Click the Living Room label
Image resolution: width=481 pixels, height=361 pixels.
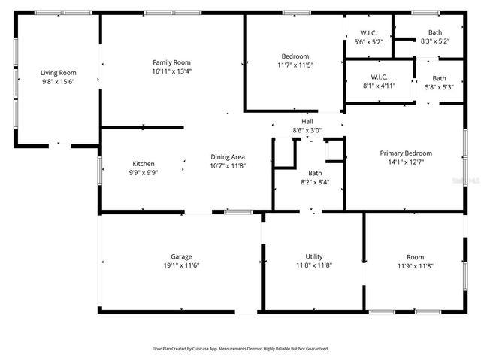59,73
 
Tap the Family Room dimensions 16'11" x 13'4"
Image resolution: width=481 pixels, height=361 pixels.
171,71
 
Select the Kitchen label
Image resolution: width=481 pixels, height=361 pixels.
144,164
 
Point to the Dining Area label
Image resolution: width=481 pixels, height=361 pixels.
227,156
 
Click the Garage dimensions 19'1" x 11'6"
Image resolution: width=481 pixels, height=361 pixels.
181,265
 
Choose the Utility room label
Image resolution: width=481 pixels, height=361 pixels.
313,256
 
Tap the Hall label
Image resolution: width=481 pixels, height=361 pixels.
307,121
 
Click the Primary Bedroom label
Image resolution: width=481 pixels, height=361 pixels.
405,153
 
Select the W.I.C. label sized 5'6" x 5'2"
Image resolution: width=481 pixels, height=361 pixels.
368,32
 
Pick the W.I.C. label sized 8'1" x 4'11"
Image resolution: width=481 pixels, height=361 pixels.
380,77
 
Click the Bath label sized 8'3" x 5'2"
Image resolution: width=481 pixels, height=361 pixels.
435,32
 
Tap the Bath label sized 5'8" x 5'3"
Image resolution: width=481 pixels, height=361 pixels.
438,78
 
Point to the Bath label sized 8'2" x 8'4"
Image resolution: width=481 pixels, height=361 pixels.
314,173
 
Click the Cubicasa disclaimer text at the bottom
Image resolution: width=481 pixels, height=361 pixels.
240,349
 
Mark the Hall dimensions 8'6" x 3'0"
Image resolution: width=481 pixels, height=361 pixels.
307,130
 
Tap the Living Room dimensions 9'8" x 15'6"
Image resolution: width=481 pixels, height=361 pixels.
59,82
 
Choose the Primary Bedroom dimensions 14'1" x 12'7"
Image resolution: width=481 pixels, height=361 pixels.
405,162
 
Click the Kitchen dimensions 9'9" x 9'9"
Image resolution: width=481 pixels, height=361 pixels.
144,173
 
